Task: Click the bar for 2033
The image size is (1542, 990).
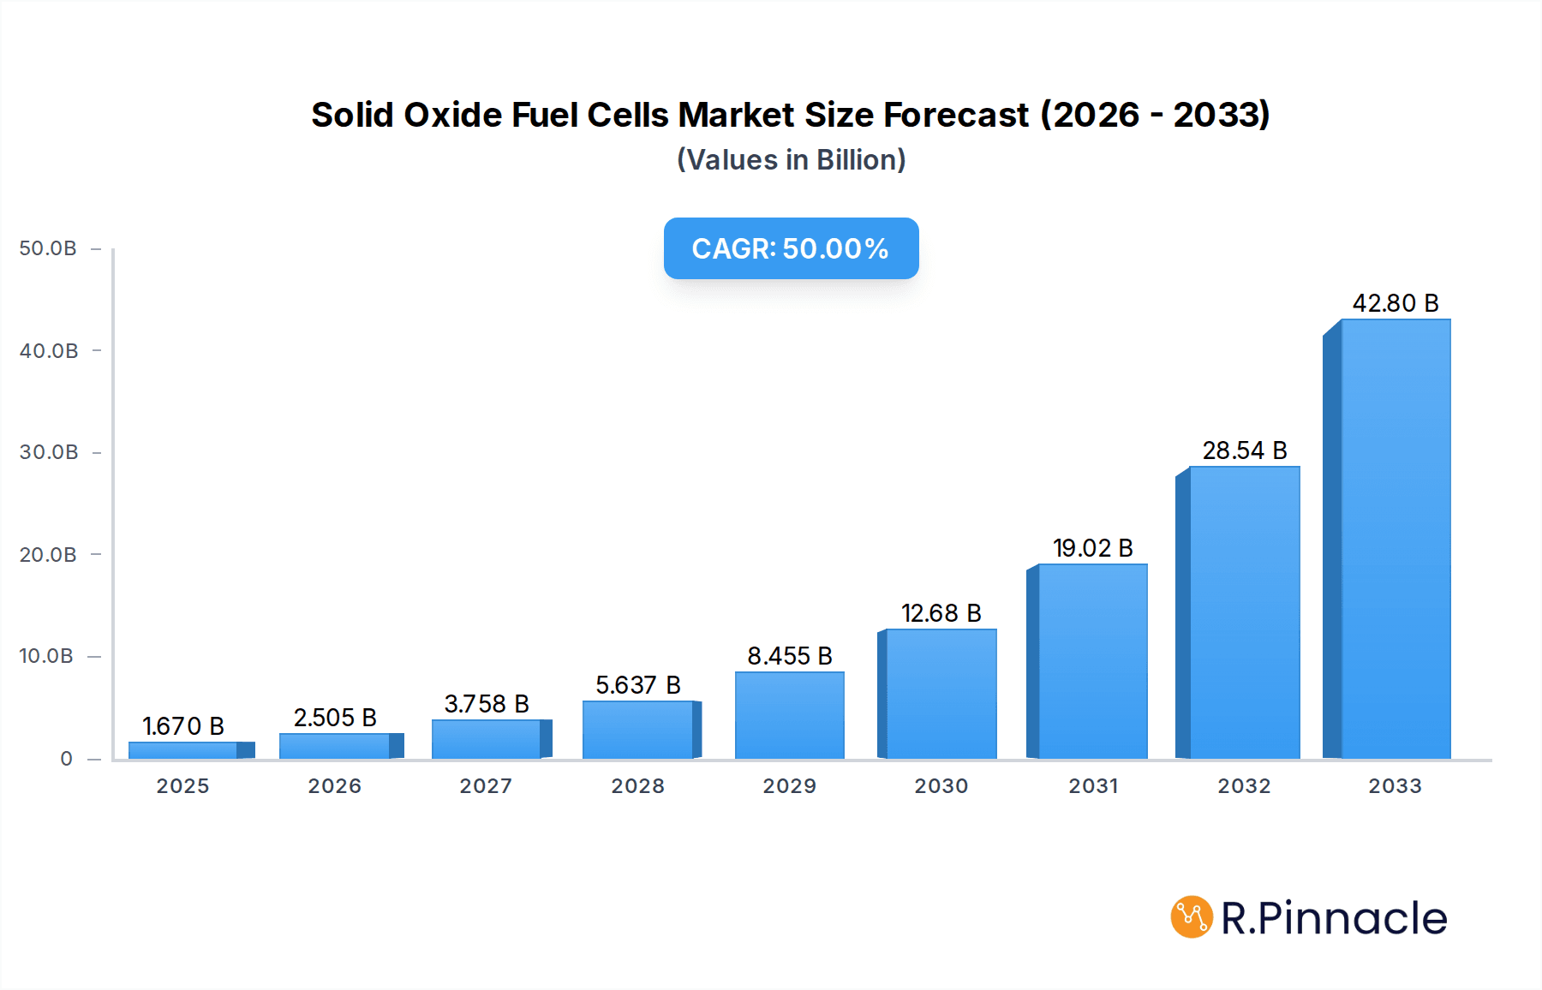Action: pyautogui.click(x=1395, y=540)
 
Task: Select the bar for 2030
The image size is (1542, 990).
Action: pyautogui.click(x=941, y=694)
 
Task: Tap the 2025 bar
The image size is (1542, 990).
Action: pyautogui.click(x=183, y=750)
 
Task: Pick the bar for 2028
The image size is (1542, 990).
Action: pyautogui.click(x=638, y=730)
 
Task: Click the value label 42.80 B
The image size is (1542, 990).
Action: pyautogui.click(x=1395, y=303)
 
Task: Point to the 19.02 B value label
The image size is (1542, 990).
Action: pyautogui.click(x=1092, y=548)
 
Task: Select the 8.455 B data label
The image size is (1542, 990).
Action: pyautogui.click(x=789, y=656)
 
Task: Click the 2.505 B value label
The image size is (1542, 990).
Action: pyautogui.click(x=335, y=718)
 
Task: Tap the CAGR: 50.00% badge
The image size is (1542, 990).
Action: pyautogui.click(x=791, y=248)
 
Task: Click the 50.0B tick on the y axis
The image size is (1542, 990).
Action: pyautogui.click(x=48, y=248)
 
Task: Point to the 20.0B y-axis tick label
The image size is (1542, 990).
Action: pyautogui.click(x=48, y=555)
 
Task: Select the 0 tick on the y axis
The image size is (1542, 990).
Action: pyautogui.click(x=66, y=759)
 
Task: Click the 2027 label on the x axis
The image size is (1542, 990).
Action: pyautogui.click(x=486, y=786)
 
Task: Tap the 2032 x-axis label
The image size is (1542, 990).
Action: pyautogui.click(x=1244, y=786)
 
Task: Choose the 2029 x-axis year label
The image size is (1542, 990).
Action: pyautogui.click(x=789, y=786)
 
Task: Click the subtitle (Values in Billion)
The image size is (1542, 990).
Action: pyautogui.click(x=791, y=160)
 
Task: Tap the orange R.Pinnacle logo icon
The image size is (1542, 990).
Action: pyautogui.click(x=1192, y=917)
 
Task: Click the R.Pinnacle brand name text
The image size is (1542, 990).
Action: pyautogui.click(x=1334, y=918)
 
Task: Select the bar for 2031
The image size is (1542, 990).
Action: pyautogui.click(x=1092, y=661)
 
